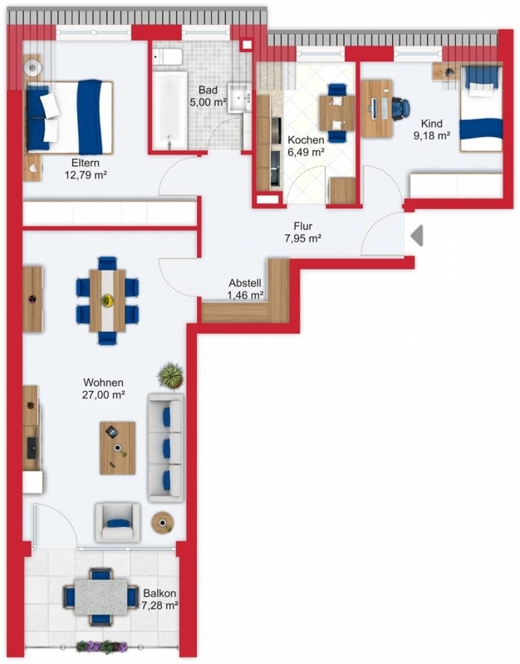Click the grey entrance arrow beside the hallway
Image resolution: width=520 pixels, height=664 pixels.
pyautogui.click(x=418, y=236)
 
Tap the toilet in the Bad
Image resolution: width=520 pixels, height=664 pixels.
pyautogui.click(x=168, y=56)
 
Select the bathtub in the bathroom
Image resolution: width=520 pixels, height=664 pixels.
pyautogui.click(x=169, y=110)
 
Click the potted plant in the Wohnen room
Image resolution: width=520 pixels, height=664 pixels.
pyautogui.click(x=170, y=375)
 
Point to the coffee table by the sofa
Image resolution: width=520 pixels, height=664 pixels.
pyautogui.click(x=117, y=447)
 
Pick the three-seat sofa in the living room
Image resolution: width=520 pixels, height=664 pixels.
pyautogui.click(x=165, y=447)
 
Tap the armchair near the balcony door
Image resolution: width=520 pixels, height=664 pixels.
pyautogui.click(x=117, y=523)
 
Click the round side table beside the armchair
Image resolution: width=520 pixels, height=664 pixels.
pyautogui.click(x=162, y=523)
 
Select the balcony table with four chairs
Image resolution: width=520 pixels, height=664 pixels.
pyautogui.click(x=101, y=597)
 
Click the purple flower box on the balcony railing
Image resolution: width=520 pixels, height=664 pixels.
pyautogui.click(x=101, y=647)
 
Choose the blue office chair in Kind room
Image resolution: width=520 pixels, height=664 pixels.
pyautogui.click(x=401, y=108)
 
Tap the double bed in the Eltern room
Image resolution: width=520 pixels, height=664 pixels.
pyautogui.click(x=70, y=117)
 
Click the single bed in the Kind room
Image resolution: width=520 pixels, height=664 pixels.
pyautogui.click(x=482, y=109)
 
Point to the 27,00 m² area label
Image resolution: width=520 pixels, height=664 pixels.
pyautogui.click(x=103, y=395)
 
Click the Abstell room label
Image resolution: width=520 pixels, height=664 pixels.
pyautogui.click(x=245, y=283)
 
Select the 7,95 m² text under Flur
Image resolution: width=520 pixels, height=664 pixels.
pyautogui.click(x=302, y=238)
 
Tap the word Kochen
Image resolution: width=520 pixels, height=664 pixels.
pyautogui.click(x=306, y=139)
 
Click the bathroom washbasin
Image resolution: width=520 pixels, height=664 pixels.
pyautogui.click(x=240, y=98)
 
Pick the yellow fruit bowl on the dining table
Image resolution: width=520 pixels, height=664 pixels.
pyautogui.click(x=108, y=300)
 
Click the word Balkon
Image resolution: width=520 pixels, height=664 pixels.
pyautogui.click(x=159, y=593)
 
